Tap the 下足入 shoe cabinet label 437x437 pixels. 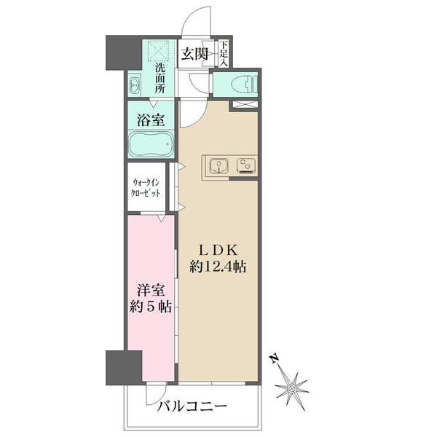click(225, 54)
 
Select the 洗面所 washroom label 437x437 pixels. click(160, 78)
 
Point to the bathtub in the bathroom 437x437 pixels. click(151, 143)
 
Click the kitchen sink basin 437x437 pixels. click(218, 167)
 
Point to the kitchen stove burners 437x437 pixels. click(245, 167)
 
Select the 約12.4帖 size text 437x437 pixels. click(218, 267)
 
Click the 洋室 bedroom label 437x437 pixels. click(151, 289)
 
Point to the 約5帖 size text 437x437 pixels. click(151, 306)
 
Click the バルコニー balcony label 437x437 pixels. click(193, 406)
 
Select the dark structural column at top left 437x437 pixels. click(117, 54)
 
